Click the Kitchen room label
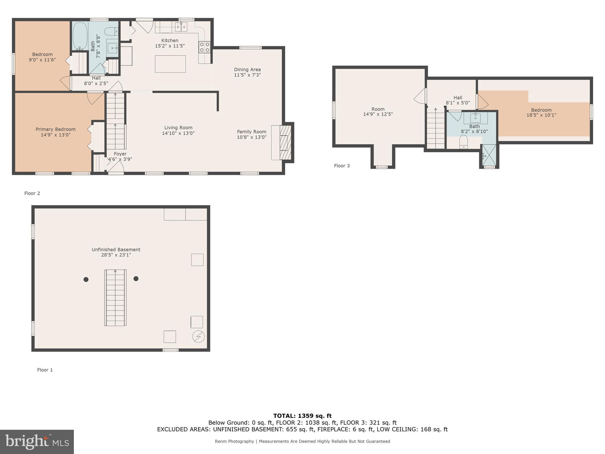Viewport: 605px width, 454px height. pyautogui.click(x=170, y=40)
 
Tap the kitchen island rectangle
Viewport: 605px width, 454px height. pyautogui.click(x=170, y=64)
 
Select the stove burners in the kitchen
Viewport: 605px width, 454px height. pyautogui.click(x=204, y=47)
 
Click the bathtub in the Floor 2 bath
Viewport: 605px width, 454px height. pyautogui.click(x=80, y=36)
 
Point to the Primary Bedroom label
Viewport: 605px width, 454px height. pyautogui.click(x=56, y=129)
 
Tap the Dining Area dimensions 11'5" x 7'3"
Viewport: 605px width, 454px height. pyautogui.click(x=247, y=75)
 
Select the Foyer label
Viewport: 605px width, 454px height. pyautogui.click(x=120, y=154)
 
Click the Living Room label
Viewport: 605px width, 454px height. pyautogui.click(x=178, y=128)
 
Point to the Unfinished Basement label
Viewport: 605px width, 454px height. pyautogui.click(x=116, y=250)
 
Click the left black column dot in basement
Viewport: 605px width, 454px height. pyautogui.click(x=86, y=279)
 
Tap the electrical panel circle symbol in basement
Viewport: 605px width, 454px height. pyautogui.click(x=198, y=336)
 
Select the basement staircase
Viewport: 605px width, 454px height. pyautogui.click(x=115, y=298)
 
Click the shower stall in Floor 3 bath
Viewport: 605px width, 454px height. pyautogui.click(x=489, y=155)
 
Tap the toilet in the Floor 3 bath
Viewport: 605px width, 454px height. pyautogui.click(x=463, y=142)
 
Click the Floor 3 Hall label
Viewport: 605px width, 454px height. pyautogui.click(x=458, y=98)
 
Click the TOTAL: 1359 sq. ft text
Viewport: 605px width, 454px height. pyautogui.click(x=302, y=416)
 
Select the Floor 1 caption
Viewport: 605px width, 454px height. pyautogui.click(x=45, y=370)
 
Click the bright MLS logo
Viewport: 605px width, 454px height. pyautogui.click(x=37, y=442)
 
